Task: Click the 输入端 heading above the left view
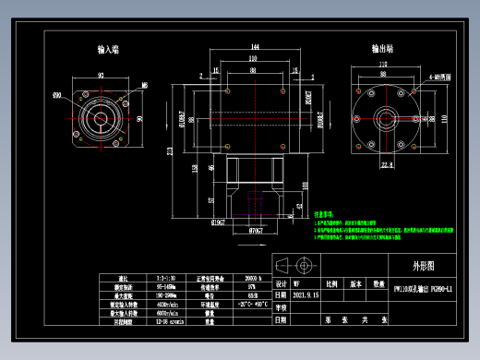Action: pyautogui.click(x=108, y=49)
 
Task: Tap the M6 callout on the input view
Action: pyautogui.click(x=143, y=85)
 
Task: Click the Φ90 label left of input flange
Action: pyautogui.click(x=57, y=94)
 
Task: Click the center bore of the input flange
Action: pyautogui.click(x=101, y=118)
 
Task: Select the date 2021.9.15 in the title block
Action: pyautogui.click(x=306, y=296)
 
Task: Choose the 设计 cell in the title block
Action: pyautogui.click(x=282, y=285)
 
